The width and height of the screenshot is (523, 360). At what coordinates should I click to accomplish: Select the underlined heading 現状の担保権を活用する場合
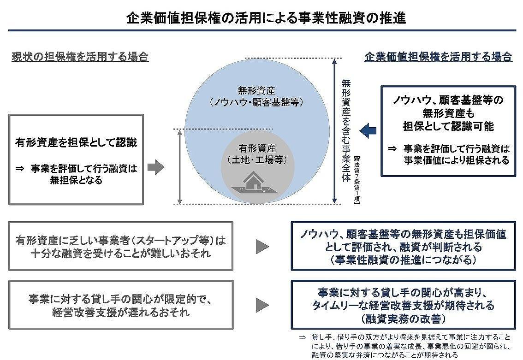click(80, 57)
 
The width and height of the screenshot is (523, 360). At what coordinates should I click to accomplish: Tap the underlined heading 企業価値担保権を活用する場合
click(438, 57)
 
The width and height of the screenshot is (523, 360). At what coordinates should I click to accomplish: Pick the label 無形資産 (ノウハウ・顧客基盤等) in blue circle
click(256, 96)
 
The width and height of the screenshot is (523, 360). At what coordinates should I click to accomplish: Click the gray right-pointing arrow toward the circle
click(156, 168)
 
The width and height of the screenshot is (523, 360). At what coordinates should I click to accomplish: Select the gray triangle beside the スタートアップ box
click(262, 247)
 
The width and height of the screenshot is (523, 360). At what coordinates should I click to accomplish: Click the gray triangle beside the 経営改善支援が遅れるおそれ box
click(262, 305)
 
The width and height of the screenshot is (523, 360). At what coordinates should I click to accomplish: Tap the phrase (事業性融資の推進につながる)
click(403, 260)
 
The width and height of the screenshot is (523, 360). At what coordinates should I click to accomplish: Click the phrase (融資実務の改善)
click(403, 318)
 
